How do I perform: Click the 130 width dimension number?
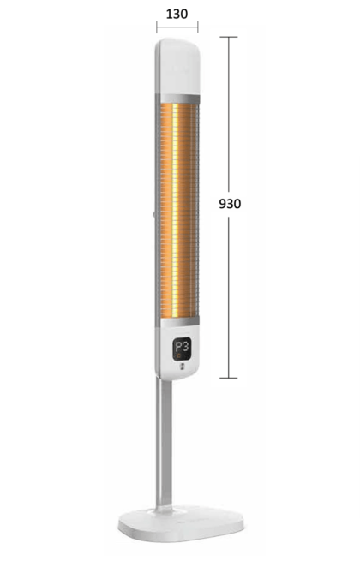coord(177,14)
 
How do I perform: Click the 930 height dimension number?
coord(229,204)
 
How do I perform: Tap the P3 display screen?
coord(181,349)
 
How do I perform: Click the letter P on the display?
coord(177,349)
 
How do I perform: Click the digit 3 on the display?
coord(185,349)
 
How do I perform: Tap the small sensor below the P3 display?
coord(181,368)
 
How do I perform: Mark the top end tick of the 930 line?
coord(229,37)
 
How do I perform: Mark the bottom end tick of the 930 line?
coord(229,377)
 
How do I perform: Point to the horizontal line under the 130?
coord(177,31)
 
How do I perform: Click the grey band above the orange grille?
coord(177,98)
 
